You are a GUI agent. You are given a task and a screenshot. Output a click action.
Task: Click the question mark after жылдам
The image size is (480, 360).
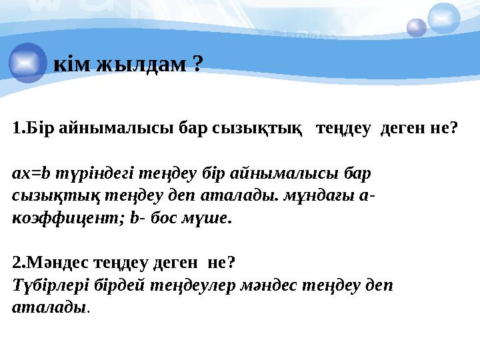pyautogui.click(x=197, y=63)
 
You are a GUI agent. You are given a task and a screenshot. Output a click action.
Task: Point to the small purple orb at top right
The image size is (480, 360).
pyautogui.click(x=416, y=28)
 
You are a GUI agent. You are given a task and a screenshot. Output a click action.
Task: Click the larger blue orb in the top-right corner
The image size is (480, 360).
pyautogui.click(x=443, y=18)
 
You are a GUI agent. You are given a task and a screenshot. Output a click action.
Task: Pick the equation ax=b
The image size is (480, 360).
pyautogui.click(x=32, y=174)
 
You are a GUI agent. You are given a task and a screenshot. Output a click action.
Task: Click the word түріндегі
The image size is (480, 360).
pyautogui.click(x=92, y=174)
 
